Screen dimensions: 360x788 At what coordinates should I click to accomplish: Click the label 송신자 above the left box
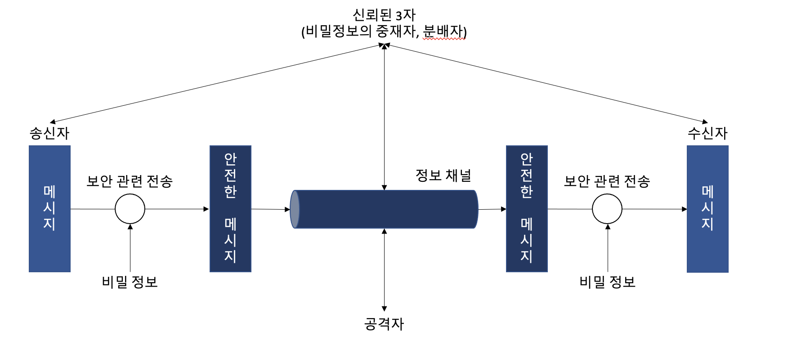coord(49,133)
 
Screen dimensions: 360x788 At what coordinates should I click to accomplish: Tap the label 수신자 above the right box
coord(707,133)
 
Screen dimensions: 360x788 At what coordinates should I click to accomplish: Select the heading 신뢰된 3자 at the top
coord(384,15)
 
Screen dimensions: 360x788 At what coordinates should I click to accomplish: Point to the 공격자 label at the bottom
coord(384,324)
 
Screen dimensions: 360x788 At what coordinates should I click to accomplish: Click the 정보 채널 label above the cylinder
coord(443,175)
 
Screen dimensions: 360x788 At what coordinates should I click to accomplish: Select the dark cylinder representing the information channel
coord(385,209)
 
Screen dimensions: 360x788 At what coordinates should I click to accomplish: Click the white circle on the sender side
coord(130,209)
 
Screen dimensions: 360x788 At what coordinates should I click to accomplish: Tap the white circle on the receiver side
coord(607,209)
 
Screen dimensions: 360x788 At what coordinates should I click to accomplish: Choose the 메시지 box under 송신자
coord(49,209)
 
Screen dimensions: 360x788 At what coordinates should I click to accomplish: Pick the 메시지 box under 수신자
coord(707,209)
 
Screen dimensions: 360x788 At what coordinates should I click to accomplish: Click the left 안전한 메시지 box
coord(230,209)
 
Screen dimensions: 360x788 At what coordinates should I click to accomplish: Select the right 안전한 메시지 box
coord(527,209)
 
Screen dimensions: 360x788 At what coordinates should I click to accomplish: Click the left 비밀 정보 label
coord(130,282)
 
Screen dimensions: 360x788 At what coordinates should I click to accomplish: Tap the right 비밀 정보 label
coord(607,282)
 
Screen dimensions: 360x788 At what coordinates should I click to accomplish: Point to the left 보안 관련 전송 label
coord(130,181)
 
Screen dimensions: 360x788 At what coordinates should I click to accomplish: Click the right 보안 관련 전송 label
coord(607,181)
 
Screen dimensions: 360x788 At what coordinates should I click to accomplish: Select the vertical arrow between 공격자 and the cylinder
coord(384,270)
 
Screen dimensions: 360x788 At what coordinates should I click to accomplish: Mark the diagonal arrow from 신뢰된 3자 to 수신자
coord(546,83)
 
